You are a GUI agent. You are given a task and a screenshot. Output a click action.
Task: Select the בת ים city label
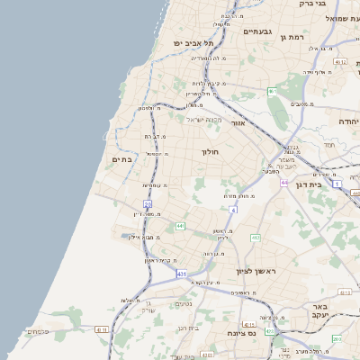tap(121, 158)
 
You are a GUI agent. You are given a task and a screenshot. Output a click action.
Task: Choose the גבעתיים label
tap(256, 31)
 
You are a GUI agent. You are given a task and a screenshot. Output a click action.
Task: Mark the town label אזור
tap(238, 122)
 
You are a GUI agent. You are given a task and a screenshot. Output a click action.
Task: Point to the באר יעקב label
tap(321, 310)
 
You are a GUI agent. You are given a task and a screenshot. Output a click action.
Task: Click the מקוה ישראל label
tap(204, 119)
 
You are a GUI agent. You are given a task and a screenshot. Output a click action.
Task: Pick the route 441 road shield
tap(181, 225)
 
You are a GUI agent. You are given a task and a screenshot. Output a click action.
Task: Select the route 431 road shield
tap(182, 273)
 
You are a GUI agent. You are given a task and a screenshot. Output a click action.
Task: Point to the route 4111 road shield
tap(100, 329)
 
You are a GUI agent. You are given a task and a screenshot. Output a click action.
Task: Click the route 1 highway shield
tap(337, 184)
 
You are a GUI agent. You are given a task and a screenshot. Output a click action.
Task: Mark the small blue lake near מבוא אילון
tap(126, 236)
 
